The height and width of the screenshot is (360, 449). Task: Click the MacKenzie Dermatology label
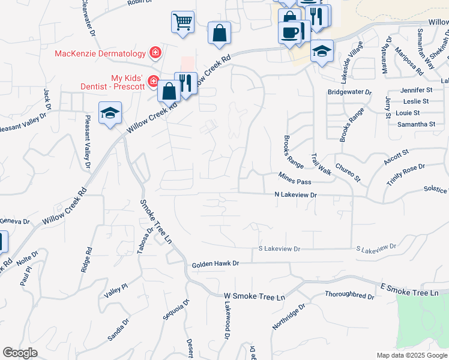point(100,53)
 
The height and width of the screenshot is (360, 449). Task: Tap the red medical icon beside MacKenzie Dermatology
point(155,53)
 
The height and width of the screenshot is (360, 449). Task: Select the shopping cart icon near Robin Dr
point(182,23)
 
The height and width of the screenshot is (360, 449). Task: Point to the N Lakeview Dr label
point(295,195)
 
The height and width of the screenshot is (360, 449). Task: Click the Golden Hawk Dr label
point(215,263)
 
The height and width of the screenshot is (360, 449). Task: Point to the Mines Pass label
point(295,178)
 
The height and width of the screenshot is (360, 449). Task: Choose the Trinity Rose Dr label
point(406,175)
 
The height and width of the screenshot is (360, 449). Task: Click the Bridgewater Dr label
point(350,92)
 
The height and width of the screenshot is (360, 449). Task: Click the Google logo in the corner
point(20,353)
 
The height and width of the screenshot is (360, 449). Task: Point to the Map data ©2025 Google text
point(412,355)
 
